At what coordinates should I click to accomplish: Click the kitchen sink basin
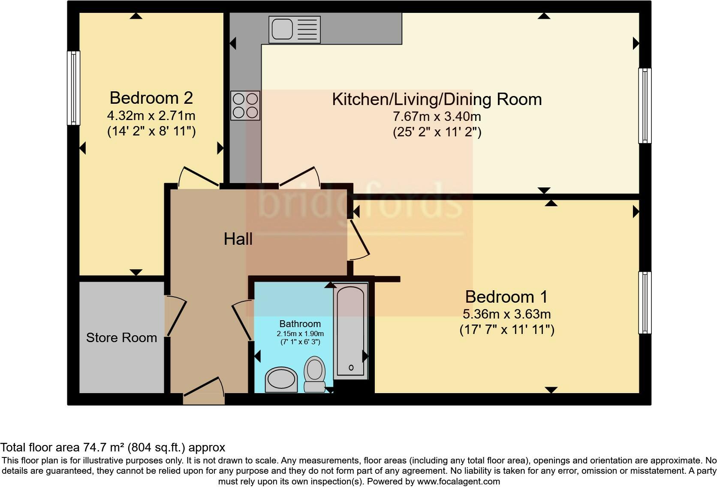282,29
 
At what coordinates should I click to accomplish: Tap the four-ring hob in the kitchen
245,105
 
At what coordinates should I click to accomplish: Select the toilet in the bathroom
315,374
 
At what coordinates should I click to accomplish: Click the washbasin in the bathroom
281,379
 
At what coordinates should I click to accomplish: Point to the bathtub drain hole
351,368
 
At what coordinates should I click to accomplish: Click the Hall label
238,239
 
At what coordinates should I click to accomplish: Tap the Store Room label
122,337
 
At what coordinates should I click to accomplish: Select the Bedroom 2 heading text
151,98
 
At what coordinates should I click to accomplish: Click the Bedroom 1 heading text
506,297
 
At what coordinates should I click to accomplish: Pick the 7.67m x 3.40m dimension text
437,117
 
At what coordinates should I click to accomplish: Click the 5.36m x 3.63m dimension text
507,314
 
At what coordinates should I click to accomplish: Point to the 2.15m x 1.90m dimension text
300,334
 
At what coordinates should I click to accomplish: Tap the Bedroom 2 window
74,88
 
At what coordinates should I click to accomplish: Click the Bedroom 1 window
645,303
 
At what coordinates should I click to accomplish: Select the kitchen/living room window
645,105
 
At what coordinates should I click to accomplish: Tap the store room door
176,316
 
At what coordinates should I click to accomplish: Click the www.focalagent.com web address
458,481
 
